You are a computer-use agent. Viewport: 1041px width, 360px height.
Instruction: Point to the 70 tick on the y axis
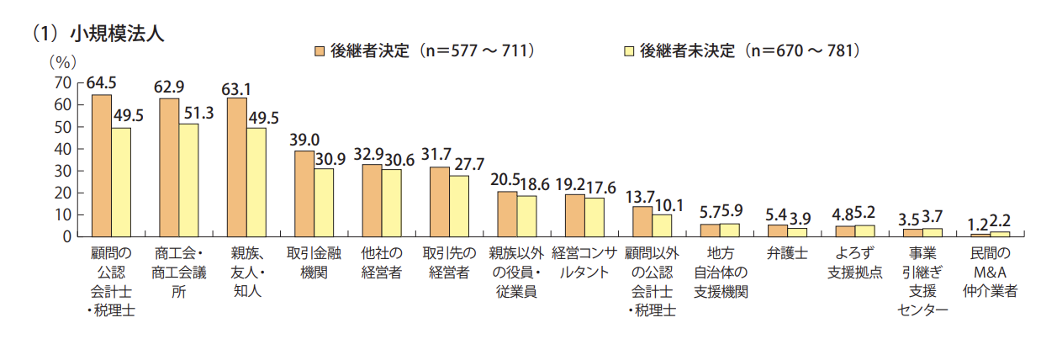(61, 82)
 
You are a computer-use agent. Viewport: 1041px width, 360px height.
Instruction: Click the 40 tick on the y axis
(61, 149)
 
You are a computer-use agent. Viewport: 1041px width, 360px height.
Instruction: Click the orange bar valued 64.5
(102, 165)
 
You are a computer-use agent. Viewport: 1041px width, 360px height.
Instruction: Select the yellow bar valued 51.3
(188, 180)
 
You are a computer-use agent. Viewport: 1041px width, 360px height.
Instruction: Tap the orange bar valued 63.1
(237, 167)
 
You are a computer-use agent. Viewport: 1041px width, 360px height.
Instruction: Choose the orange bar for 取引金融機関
(304, 193)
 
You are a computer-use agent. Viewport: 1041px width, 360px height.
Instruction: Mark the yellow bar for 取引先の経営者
(459, 205)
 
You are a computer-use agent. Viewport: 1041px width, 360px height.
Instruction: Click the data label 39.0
(304, 140)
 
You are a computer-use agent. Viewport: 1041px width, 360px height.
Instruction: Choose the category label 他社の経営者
(381, 262)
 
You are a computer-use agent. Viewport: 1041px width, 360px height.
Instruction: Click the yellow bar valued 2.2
(1001, 233)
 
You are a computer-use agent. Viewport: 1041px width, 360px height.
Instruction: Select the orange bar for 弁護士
(779, 230)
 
